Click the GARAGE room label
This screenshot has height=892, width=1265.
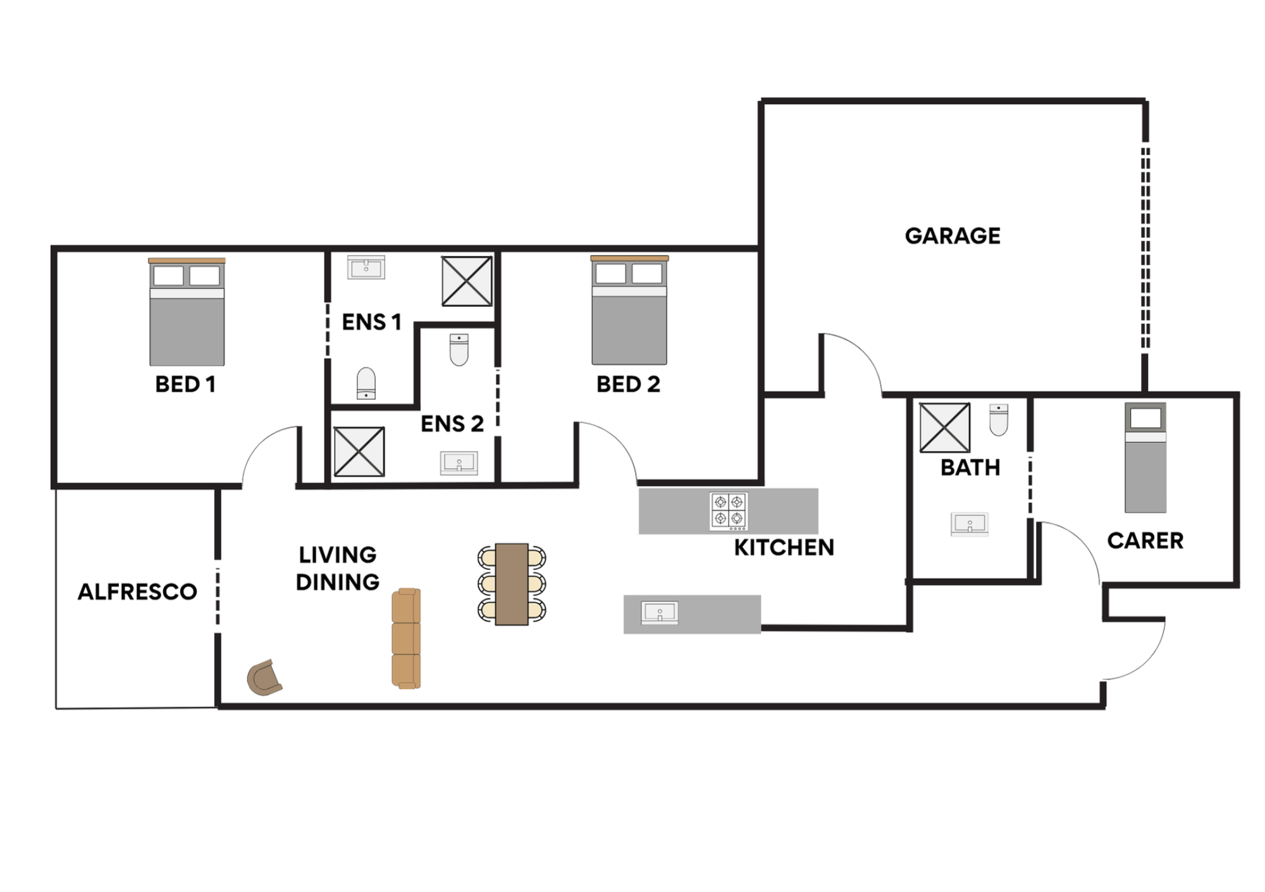coord(953,236)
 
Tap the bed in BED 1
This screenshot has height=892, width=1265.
coord(187,313)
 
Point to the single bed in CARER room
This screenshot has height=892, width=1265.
coord(1145,458)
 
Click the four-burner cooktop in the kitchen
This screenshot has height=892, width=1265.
coord(729,511)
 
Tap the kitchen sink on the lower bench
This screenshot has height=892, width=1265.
coord(660,612)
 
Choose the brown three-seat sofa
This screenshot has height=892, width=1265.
coord(406,638)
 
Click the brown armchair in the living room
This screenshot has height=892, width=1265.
coord(264,678)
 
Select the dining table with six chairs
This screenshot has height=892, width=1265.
coord(512,584)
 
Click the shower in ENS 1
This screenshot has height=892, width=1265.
coord(467,281)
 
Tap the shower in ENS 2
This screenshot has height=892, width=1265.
coord(359,452)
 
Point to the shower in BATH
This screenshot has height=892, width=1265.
coord(944,428)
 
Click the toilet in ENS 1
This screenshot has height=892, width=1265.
coord(366,383)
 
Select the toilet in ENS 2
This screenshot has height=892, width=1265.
coord(459,350)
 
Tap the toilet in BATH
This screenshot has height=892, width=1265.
coord(999,419)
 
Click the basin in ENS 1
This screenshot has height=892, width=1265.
coord(366,268)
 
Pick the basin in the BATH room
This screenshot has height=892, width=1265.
coord(970,524)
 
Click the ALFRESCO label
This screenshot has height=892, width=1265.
coord(137,592)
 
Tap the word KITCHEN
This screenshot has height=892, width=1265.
coord(784,548)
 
